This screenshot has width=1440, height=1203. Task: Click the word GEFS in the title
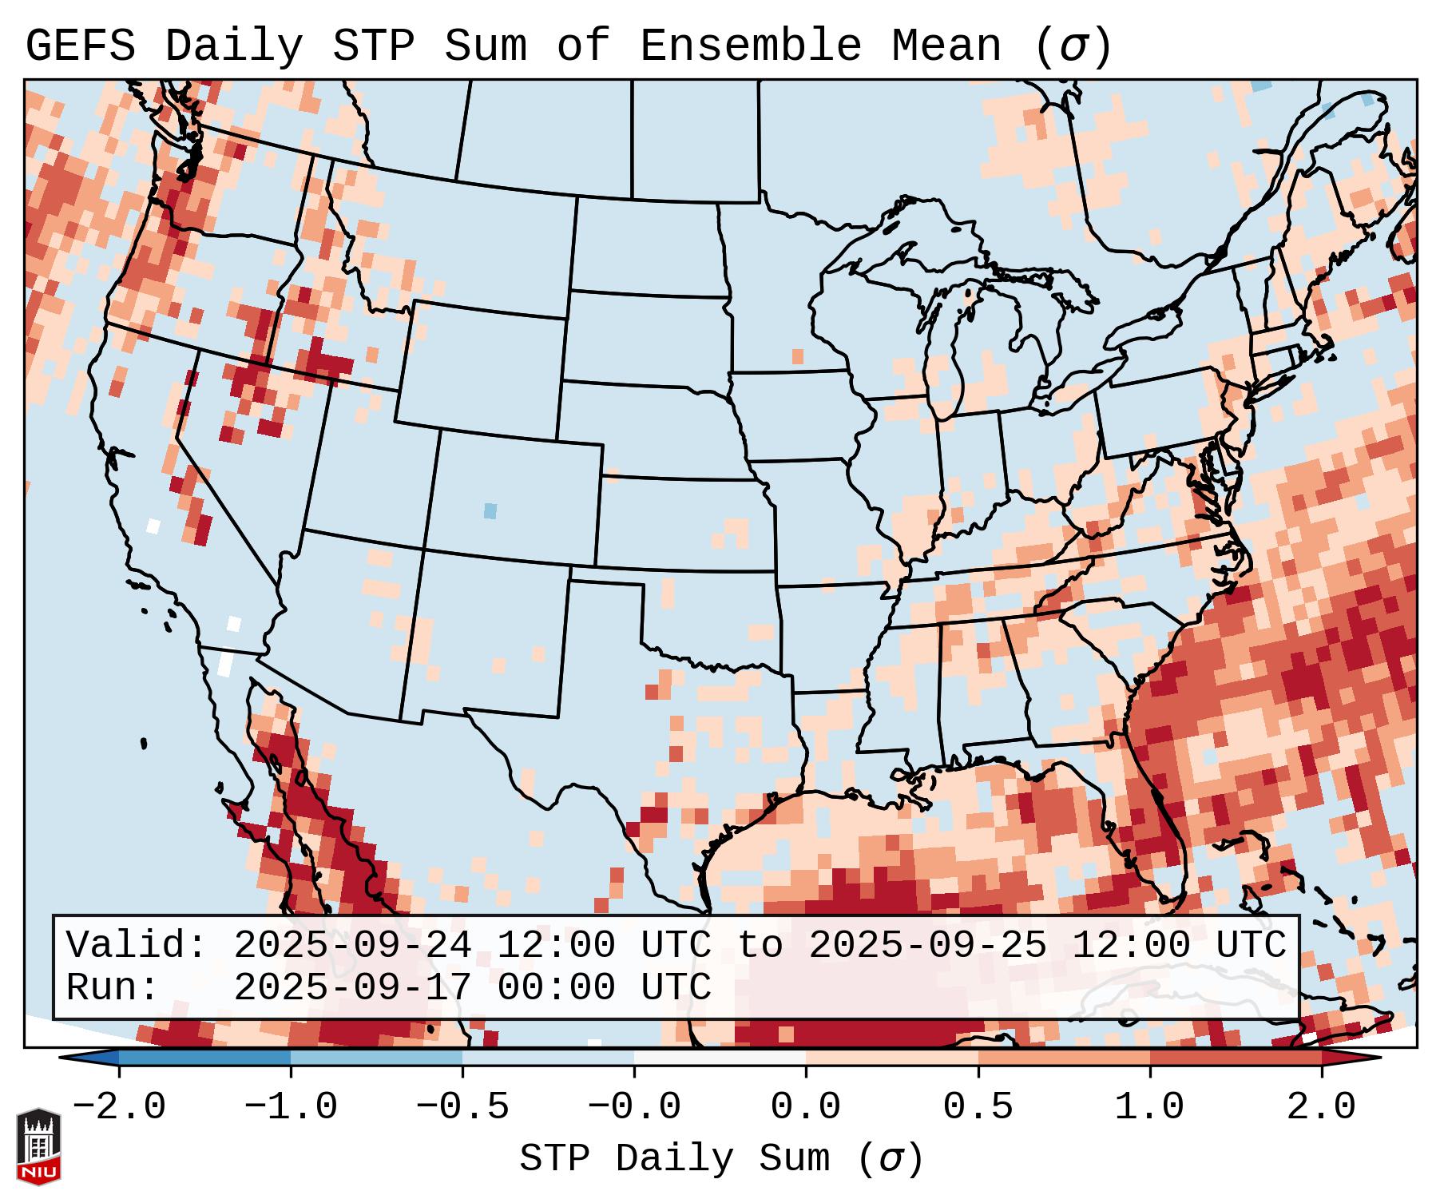[80, 46]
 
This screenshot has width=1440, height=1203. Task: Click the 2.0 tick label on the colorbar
[1321, 1107]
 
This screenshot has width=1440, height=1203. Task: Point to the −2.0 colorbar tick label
[119, 1107]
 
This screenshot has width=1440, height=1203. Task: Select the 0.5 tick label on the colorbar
[978, 1107]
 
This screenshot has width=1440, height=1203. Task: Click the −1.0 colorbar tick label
[291, 1107]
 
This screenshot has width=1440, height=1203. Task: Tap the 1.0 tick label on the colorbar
[1149, 1107]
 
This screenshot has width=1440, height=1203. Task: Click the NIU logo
[38, 1147]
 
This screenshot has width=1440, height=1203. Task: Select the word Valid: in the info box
[137, 946]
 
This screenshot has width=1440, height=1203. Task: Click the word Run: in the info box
[113, 988]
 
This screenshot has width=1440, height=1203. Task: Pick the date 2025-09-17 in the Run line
[352, 988]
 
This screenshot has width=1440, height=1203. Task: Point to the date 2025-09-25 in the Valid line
[927, 946]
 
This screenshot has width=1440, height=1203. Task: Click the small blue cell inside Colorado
[490, 510]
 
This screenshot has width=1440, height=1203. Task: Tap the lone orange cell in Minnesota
[797, 356]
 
